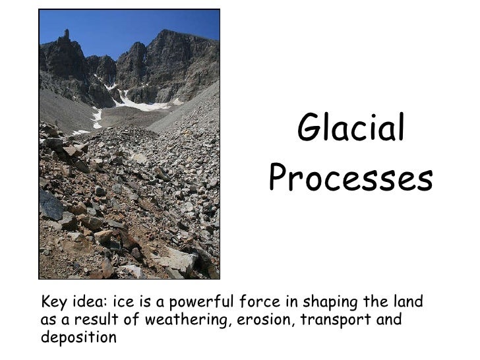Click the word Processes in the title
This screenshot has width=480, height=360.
click(351, 177)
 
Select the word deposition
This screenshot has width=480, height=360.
click(78, 338)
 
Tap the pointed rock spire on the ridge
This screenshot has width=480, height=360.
click(67, 34)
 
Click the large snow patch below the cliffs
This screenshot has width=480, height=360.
click(142, 104)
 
